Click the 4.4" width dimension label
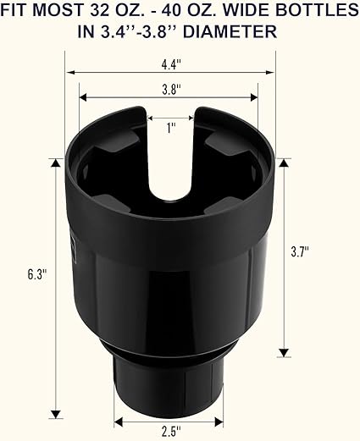tap(171, 65)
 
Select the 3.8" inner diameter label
tap(171, 90)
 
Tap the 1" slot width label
tap(170, 129)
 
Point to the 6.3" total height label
tap(36, 274)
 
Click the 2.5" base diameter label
tap(171, 432)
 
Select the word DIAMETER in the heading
tap(230, 31)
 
